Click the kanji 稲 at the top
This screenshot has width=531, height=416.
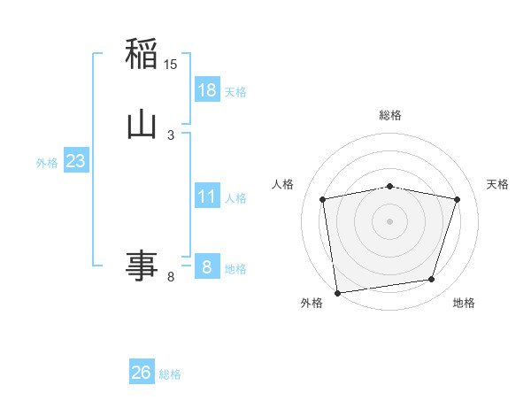click(x=142, y=54)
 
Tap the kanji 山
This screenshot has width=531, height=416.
click(x=142, y=123)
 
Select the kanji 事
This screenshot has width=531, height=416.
click(x=142, y=265)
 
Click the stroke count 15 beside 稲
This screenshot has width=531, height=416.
click(x=171, y=65)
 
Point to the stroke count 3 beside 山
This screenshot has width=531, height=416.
click(x=171, y=135)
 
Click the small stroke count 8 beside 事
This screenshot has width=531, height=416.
click(x=171, y=277)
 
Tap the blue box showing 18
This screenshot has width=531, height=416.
click(x=207, y=89)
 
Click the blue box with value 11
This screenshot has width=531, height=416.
click(x=207, y=196)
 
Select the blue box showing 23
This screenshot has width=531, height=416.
click(x=76, y=161)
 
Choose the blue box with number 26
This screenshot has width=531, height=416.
click(x=142, y=373)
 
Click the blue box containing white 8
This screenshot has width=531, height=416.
click(x=207, y=266)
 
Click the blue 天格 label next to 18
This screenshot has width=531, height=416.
click(x=235, y=91)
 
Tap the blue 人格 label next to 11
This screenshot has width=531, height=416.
click(x=235, y=197)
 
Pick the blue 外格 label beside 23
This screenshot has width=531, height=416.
click(x=47, y=163)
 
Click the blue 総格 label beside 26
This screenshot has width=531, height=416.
click(x=170, y=374)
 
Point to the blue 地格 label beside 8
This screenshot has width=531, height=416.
click(x=235, y=268)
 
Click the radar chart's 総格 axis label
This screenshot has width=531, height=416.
click(x=390, y=115)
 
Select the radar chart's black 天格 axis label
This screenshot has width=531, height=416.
click(x=497, y=184)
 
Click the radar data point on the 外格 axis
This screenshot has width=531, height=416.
click(x=337, y=292)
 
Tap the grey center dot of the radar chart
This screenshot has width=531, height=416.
click(x=390, y=220)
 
